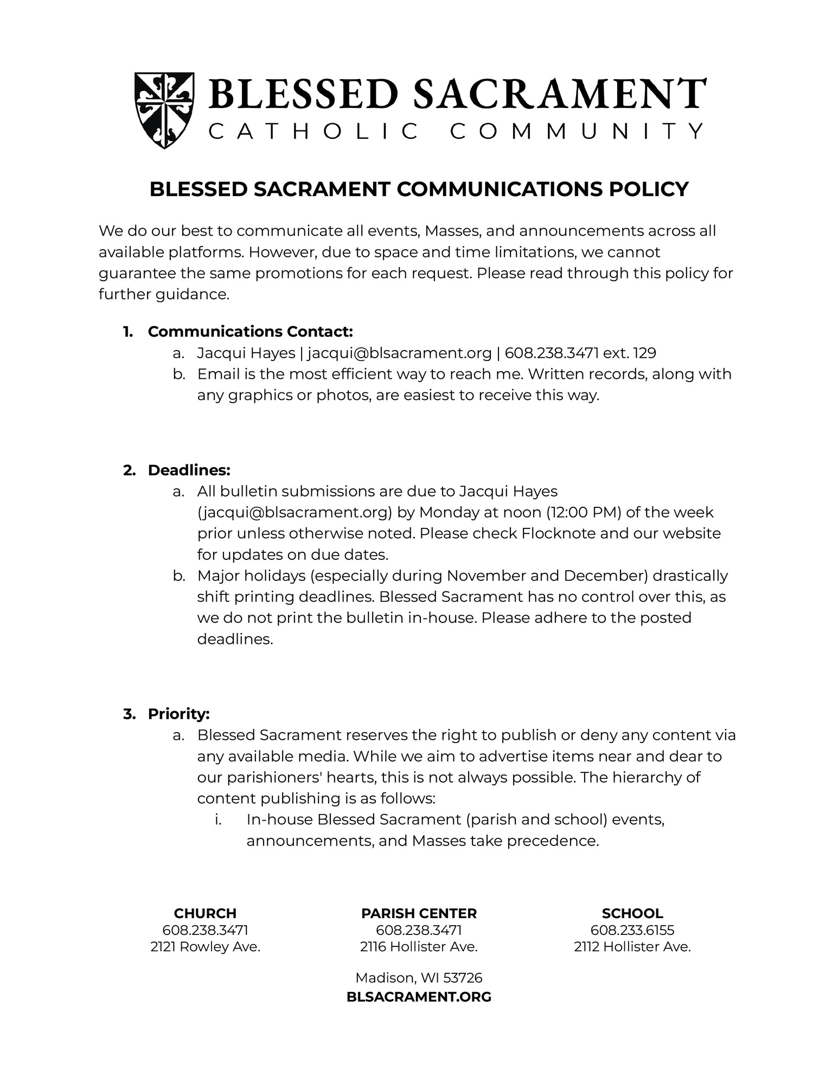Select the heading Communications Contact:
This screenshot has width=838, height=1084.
(250, 331)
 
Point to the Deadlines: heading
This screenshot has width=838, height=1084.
(189, 470)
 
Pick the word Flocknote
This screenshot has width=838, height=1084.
(559, 533)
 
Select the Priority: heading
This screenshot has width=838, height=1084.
(178, 714)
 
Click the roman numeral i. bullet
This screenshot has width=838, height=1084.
(218, 820)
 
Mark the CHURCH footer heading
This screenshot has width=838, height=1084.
(205, 913)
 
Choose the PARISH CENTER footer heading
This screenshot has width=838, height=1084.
(419, 913)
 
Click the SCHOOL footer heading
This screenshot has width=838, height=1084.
(632, 913)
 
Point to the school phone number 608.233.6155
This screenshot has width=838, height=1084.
(632, 930)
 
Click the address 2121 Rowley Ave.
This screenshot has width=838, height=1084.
(205, 947)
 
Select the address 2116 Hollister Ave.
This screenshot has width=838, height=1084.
(419, 947)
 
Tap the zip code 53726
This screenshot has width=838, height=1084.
(463, 978)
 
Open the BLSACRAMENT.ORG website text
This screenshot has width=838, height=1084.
(419, 996)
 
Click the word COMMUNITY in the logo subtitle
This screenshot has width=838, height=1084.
(577, 131)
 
